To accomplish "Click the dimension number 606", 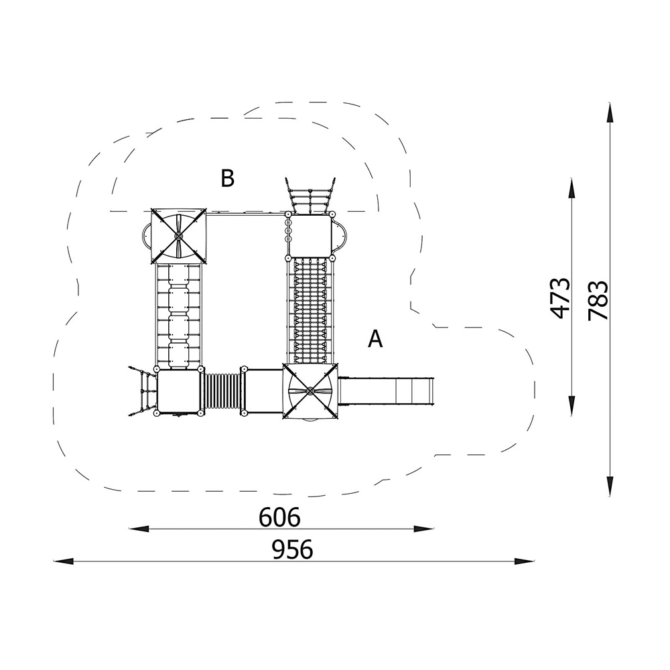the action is click(x=279, y=517).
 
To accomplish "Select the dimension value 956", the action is click(x=292, y=549).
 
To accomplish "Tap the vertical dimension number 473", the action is click(x=561, y=298).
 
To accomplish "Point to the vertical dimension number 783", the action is click(x=598, y=300).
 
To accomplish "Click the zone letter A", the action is click(x=375, y=339).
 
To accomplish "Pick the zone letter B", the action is click(x=227, y=178).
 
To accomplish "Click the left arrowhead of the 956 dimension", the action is click(x=63, y=561).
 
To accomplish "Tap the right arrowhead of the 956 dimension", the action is click(x=525, y=561).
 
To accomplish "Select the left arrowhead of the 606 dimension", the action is click(x=139, y=529).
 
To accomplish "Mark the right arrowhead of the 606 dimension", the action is click(x=424, y=529).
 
